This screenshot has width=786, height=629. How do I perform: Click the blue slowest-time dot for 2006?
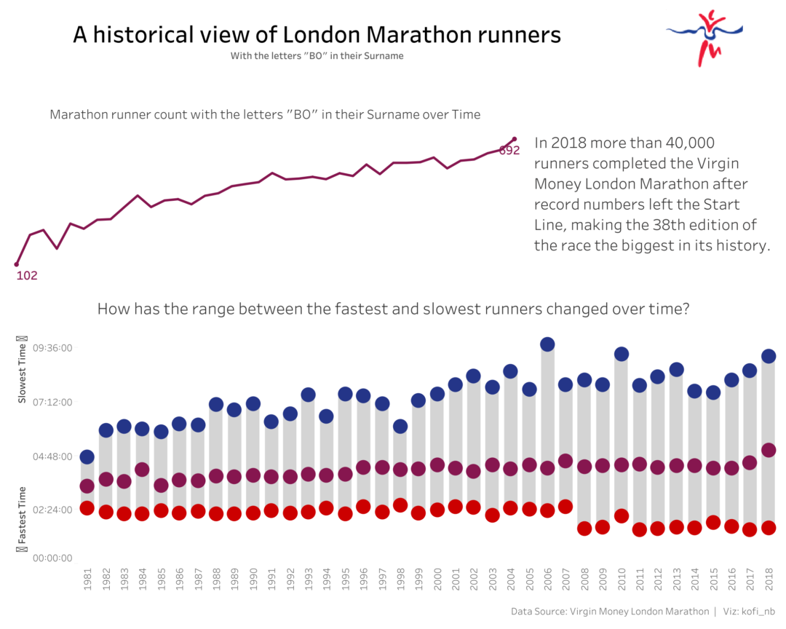pyautogui.click(x=547, y=344)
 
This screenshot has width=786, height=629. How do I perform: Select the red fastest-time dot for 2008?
pyautogui.click(x=584, y=529)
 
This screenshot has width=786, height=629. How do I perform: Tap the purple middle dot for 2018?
pyautogui.click(x=769, y=450)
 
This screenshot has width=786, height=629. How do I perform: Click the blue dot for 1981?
pyautogui.click(x=87, y=457)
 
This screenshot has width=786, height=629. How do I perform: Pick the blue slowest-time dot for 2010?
pyautogui.click(x=622, y=354)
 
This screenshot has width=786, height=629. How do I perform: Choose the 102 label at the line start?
pyautogui.click(x=27, y=276)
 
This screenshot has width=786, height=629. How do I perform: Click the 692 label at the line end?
pyautogui.click(x=509, y=151)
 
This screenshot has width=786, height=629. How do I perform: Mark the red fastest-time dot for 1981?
pyautogui.click(x=87, y=508)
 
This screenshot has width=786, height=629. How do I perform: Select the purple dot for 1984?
pyautogui.click(x=143, y=470)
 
